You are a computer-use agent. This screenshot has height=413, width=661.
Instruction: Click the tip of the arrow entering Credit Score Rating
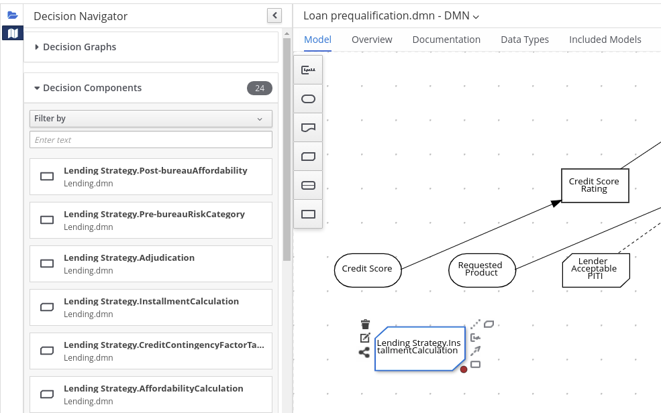point(562,201)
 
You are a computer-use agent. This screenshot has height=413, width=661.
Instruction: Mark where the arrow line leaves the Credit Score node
point(401,269)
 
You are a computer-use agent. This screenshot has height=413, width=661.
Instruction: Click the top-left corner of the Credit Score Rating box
point(562,169)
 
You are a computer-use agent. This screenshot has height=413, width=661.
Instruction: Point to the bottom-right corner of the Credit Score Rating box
point(629,202)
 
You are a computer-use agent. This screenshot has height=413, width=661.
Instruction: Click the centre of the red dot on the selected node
point(464,369)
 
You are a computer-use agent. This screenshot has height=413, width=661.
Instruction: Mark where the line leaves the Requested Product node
point(515,269)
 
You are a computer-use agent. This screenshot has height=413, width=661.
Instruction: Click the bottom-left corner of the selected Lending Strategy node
point(375,371)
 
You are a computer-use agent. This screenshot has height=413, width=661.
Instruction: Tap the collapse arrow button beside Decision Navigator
point(274,15)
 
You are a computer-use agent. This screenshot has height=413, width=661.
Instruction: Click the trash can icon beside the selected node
point(366,324)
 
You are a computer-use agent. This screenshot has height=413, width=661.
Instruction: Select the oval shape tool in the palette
point(308,99)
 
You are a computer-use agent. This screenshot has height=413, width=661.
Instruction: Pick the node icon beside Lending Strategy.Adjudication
point(47,263)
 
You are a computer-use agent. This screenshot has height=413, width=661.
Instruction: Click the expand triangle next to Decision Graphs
point(37,47)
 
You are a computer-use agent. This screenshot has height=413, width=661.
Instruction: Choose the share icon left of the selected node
point(364,353)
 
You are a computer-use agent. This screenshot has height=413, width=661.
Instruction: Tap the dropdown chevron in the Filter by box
point(260,119)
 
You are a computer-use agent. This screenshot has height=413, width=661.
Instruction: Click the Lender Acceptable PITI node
point(596,270)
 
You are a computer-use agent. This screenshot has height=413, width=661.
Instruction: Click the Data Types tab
point(525,40)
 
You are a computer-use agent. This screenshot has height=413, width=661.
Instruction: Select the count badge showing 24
point(260,88)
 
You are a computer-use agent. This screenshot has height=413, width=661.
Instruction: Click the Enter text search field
point(151,139)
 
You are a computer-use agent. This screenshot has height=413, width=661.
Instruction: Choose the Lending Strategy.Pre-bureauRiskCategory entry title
point(154,215)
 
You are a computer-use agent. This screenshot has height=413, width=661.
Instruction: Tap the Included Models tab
point(605,40)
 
